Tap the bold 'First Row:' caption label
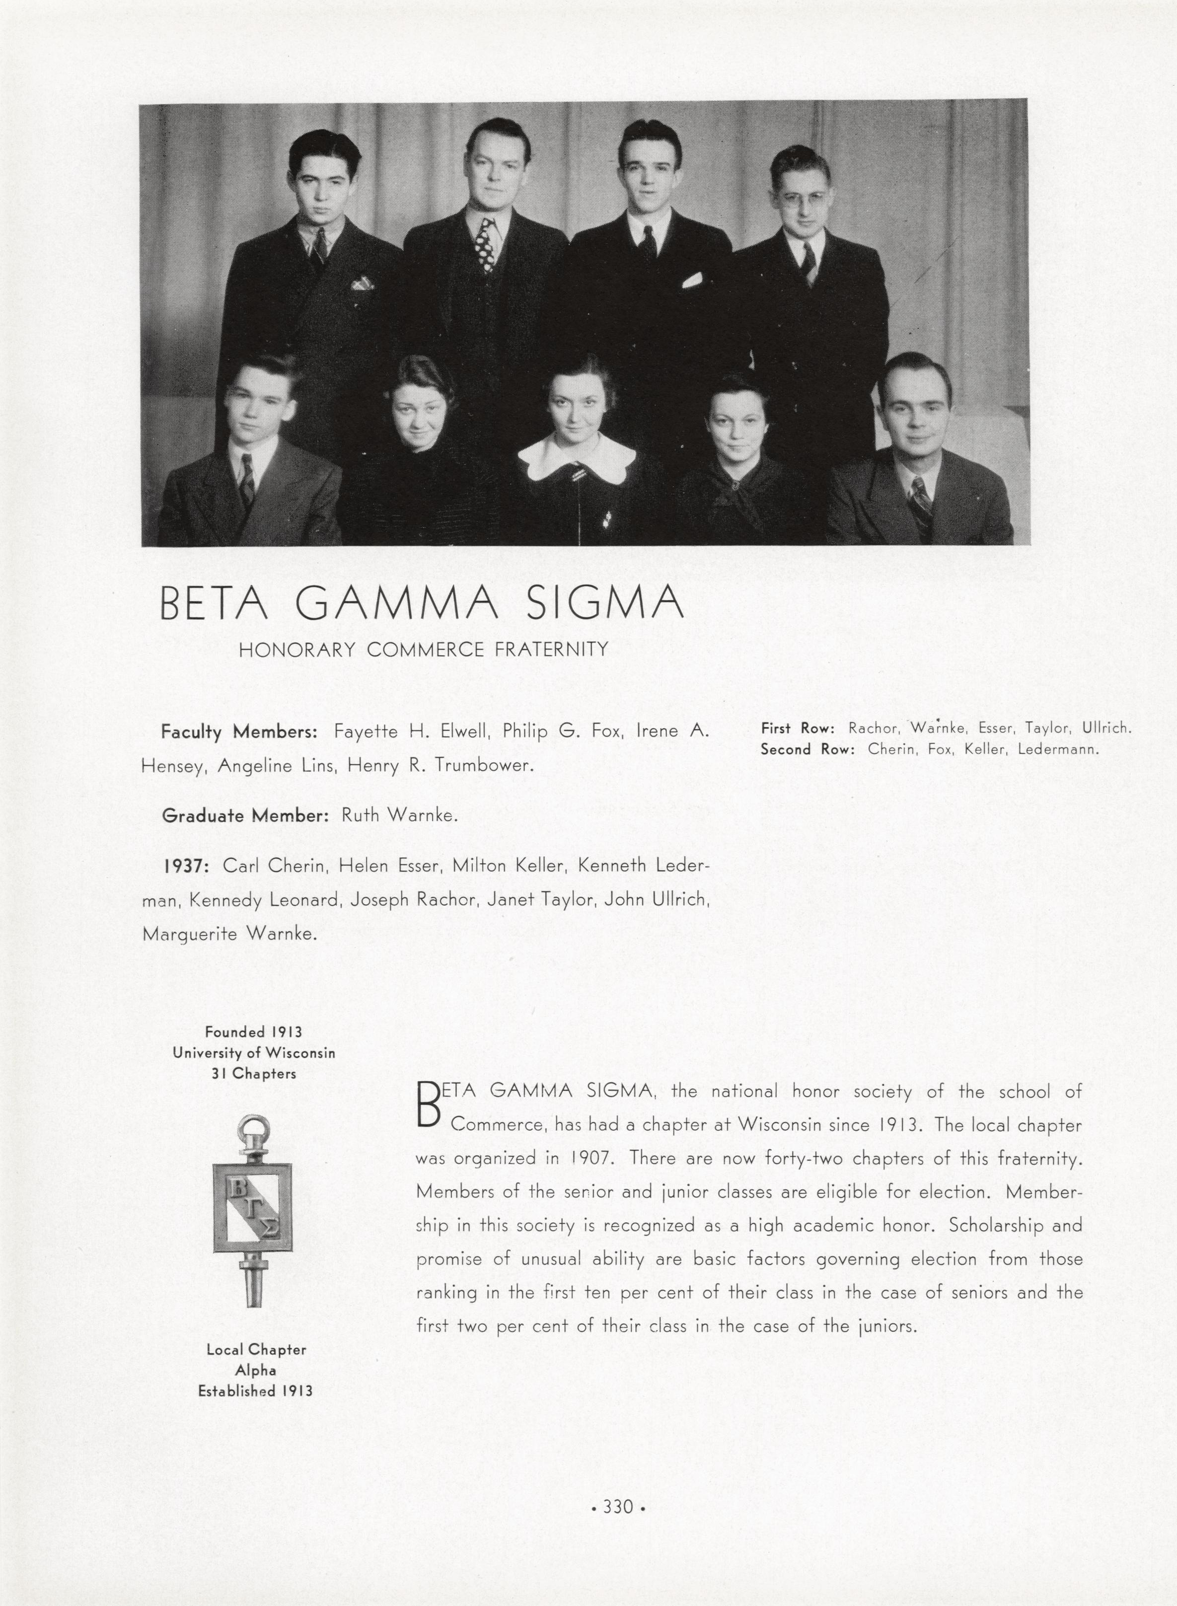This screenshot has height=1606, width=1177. tap(797, 728)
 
